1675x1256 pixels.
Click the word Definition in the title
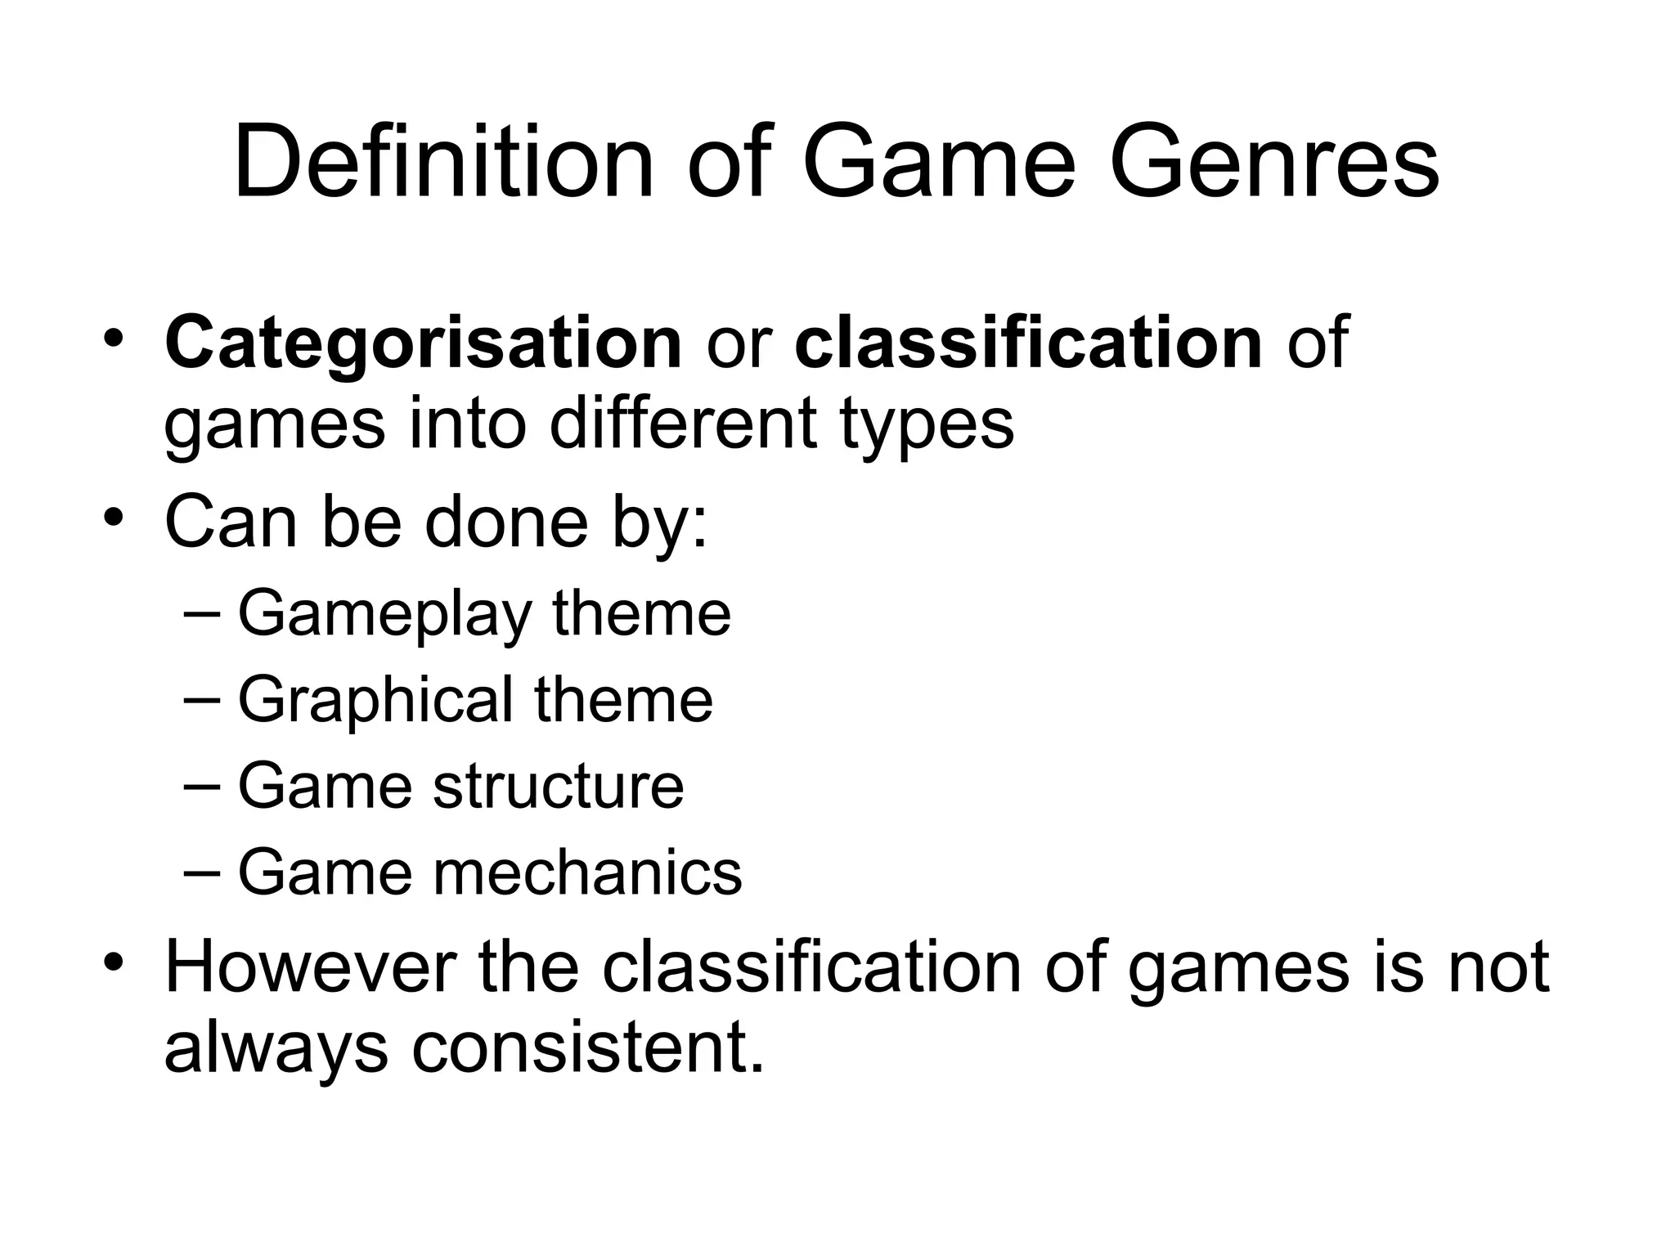442,162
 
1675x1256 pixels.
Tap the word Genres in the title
1273,162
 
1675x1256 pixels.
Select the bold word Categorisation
423,343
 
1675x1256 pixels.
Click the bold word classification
1028,343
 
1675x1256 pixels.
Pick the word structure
558,786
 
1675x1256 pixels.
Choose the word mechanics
587,872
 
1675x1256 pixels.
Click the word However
310,967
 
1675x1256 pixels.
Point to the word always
276,1050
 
